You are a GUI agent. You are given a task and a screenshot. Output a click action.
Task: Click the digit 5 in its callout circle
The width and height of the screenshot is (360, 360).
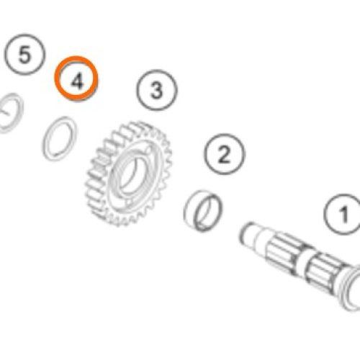click(24, 55)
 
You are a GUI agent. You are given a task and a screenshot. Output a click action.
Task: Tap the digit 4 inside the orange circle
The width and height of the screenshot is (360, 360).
click(77, 81)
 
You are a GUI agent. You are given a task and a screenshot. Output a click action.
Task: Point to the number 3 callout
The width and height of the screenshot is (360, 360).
click(157, 90)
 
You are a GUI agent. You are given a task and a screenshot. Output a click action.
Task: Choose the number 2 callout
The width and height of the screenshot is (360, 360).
click(225, 154)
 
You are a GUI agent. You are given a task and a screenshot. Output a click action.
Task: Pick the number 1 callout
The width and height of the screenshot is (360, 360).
click(343, 215)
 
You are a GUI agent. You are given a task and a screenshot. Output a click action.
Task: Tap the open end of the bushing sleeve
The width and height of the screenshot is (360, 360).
click(208, 212)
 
